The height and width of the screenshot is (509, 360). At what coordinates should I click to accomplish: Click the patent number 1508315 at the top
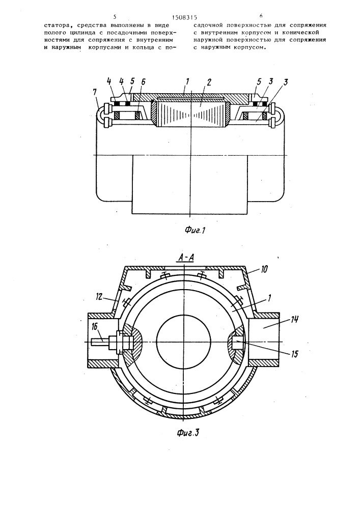[x=184, y=17]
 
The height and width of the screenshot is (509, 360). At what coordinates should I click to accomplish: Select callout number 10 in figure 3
[x=263, y=269]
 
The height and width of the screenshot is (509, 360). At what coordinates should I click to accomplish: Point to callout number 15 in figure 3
[x=294, y=354]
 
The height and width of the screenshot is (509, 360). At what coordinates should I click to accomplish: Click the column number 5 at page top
[x=115, y=16]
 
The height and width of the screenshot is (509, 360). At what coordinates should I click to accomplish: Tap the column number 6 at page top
[x=261, y=16]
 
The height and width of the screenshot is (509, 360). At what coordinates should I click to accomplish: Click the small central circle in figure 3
[x=184, y=342]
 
